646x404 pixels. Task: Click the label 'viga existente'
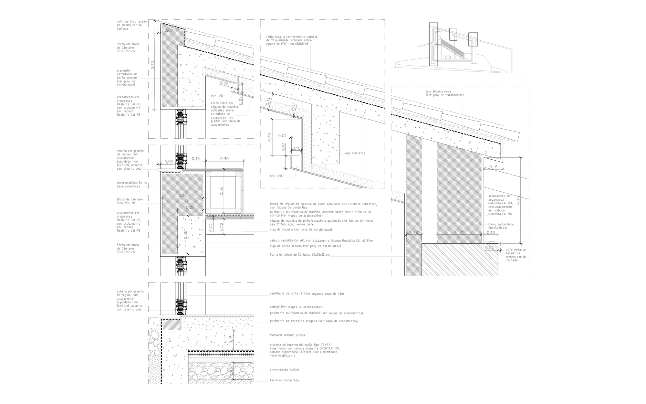click(x=355, y=153)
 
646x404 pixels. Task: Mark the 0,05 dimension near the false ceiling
click(x=224, y=83)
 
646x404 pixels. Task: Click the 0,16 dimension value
click(x=196, y=159)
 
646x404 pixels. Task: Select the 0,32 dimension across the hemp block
click(x=182, y=196)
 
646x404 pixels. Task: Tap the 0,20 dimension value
click(x=190, y=207)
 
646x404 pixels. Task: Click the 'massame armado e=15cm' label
click(x=287, y=335)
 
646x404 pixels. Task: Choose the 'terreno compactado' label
click(x=284, y=380)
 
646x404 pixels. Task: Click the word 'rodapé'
click(x=275, y=307)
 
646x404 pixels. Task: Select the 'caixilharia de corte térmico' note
click(x=307, y=294)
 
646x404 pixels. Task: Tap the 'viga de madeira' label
click(x=301, y=229)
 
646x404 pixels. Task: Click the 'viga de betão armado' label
click(x=305, y=246)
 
